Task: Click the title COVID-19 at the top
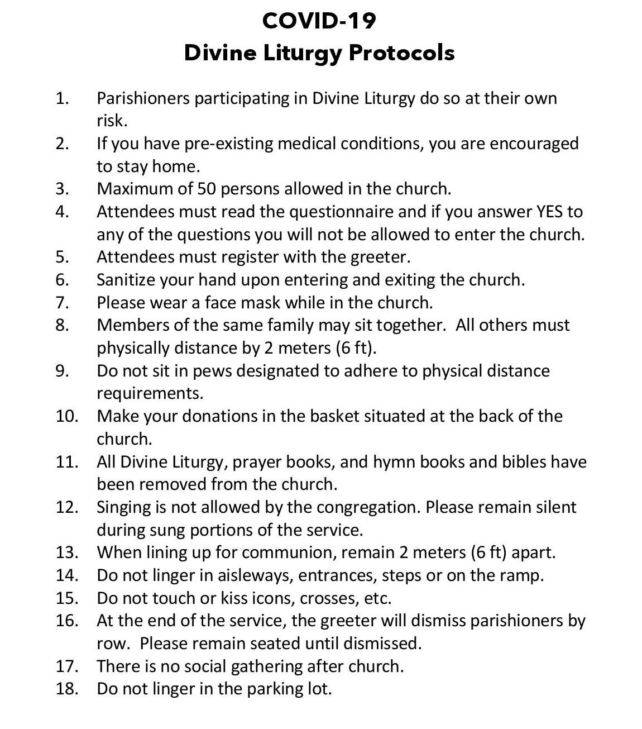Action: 319,21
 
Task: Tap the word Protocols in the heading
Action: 401,53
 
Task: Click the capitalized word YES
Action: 550,212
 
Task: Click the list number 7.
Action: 61,302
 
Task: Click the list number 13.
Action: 66,552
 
